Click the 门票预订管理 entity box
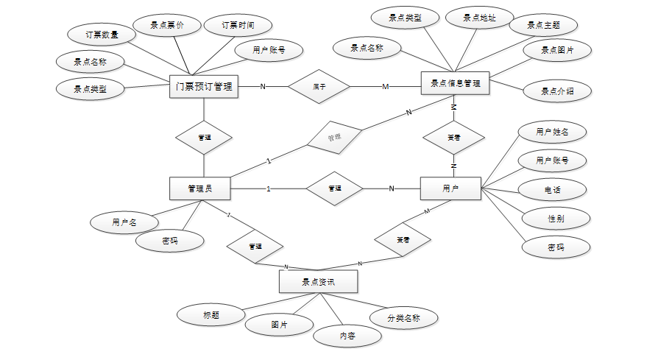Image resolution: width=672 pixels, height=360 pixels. click(204, 87)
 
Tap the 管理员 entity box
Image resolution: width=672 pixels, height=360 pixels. click(199, 188)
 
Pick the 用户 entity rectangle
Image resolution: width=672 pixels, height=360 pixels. click(450, 188)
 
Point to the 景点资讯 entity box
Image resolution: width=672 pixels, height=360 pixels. click(319, 281)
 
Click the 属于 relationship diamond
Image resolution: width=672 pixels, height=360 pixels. click(319, 87)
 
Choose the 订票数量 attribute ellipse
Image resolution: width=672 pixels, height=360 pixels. click(101, 34)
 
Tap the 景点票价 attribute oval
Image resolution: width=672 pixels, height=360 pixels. click(166, 25)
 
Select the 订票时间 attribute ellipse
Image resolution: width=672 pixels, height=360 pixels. click(238, 25)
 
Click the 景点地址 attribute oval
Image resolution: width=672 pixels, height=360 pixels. click(478, 18)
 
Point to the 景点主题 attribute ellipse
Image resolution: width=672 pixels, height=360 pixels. click(543, 25)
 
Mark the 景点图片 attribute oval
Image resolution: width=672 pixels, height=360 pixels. click(556, 51)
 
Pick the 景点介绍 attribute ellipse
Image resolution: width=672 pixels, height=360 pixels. click(556, 92)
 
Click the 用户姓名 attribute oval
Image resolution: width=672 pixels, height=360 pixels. click(551, 132)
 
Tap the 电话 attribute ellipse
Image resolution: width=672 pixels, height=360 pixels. click(553, 189)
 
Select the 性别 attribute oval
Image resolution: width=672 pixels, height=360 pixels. click(556, 219)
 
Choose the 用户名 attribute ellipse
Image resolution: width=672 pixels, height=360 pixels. click(124, 221)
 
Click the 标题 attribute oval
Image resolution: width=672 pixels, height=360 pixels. click(211, 315)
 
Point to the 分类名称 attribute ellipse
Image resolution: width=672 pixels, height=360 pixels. click(404, 318)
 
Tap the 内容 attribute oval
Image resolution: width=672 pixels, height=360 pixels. click(347, 336)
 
